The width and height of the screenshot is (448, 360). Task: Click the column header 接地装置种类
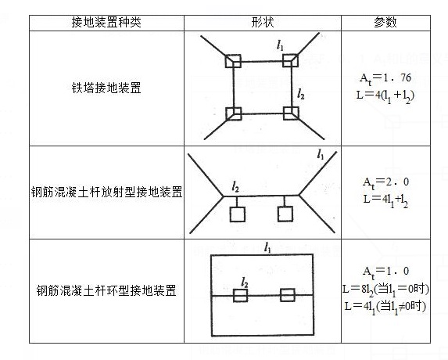[106, 22]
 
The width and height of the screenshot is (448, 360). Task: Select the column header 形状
[262, 22]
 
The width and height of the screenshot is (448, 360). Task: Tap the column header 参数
[385, 22]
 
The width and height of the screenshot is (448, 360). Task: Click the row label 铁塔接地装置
[106, 88]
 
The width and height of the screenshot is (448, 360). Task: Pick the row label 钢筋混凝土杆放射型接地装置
[106, 192]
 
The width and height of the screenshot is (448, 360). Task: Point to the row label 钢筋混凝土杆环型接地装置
[106, 290]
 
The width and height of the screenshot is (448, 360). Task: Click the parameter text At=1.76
[385, 78]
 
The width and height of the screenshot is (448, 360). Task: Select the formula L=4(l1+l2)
[385, 96]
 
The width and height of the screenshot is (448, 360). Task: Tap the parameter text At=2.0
[385, 182]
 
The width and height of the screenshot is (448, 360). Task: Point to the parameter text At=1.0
[385, 272]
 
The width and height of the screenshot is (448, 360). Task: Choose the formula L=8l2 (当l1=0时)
[385, 290]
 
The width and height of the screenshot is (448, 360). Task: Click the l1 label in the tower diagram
[280, 45]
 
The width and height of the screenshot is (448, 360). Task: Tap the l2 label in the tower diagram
[301, 94]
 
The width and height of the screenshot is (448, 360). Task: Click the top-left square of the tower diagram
[233, 61]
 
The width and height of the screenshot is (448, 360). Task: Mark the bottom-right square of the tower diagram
[291, 113]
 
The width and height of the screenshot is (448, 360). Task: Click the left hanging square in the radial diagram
[238, 214]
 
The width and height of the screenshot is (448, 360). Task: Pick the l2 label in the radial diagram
[235, 187]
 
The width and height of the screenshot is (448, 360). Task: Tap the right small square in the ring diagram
[288, 295]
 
